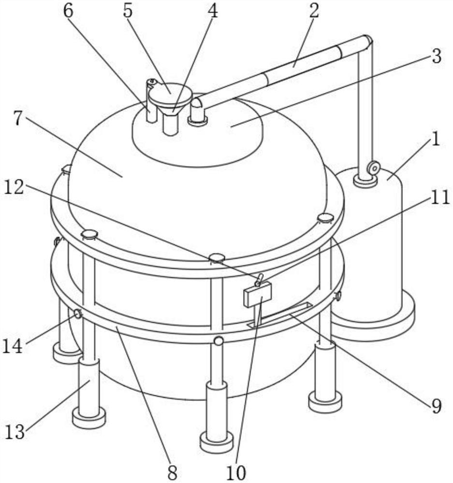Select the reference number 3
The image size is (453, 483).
436,56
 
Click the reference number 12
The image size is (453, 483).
14,186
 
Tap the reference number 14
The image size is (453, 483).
13,346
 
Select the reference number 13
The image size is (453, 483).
15,432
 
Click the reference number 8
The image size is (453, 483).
172,472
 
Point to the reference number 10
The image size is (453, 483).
236,472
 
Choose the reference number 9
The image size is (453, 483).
436,406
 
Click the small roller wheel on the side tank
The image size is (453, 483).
374,168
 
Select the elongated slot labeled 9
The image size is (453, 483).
280,315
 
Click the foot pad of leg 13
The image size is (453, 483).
89,418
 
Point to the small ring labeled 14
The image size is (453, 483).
78,314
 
